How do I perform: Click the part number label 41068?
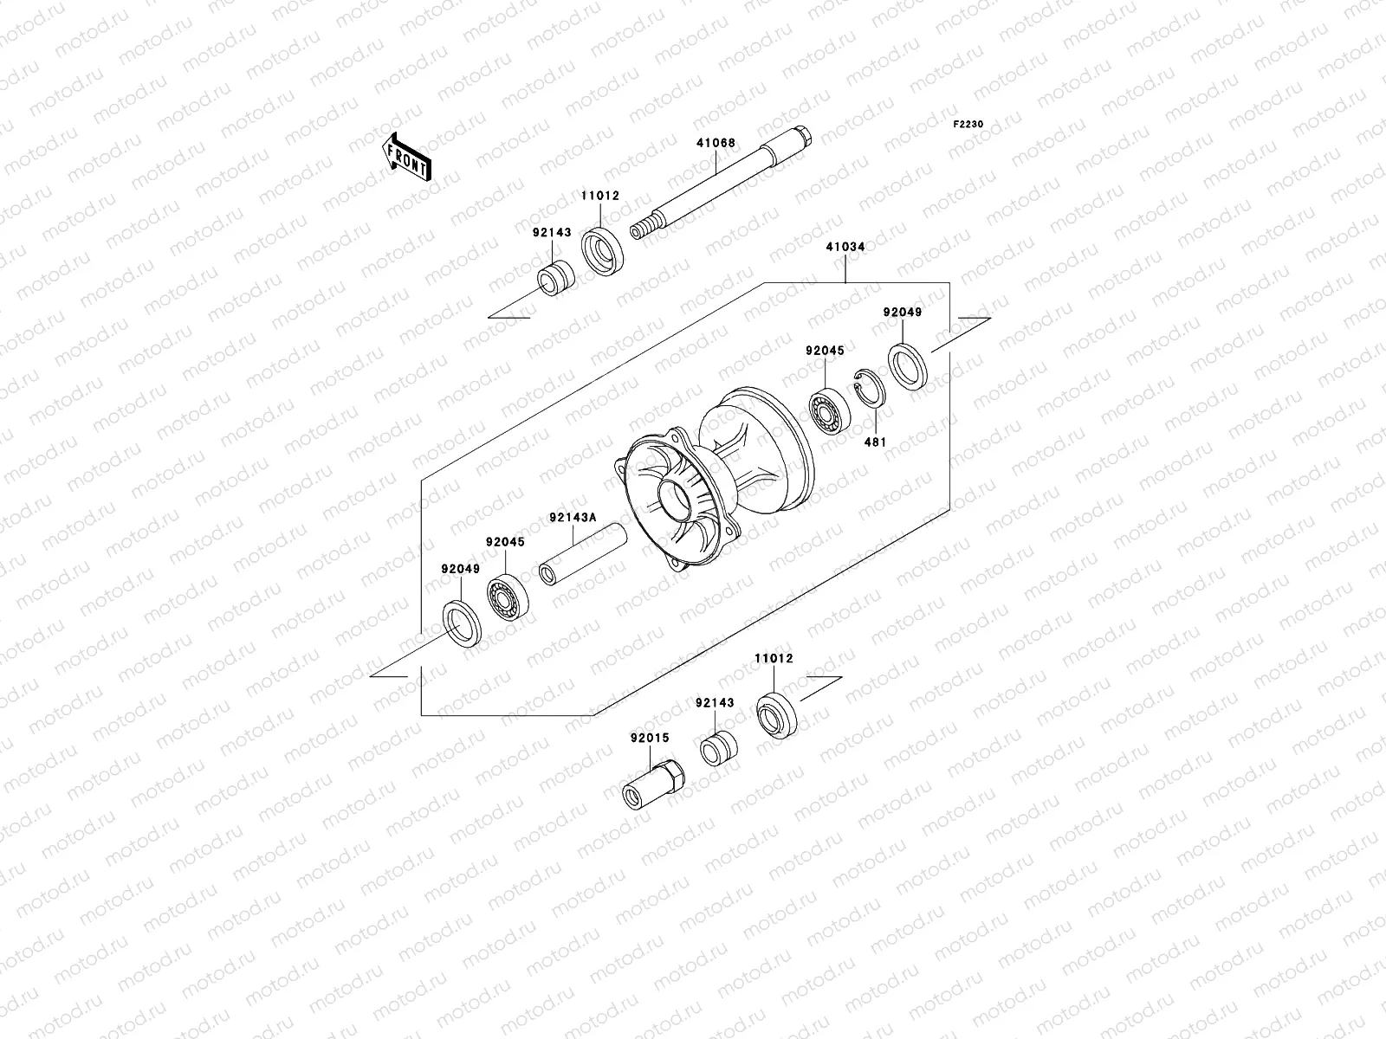(715, 143)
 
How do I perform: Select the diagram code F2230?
(968, 125)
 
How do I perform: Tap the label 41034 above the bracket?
(845, 247)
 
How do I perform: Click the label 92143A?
(573, 518)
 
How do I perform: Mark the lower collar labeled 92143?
(718, 749)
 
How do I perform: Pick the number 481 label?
(878, 441)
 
